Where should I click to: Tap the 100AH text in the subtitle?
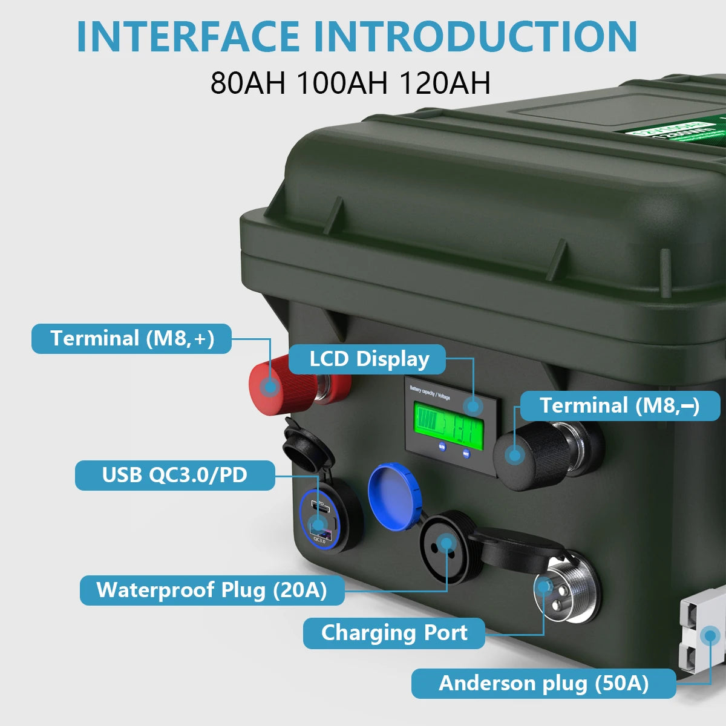pyautogui.click(x=342, y=83)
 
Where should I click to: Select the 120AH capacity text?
pyautogui.click(x=445, y=83)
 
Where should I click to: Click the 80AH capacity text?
pyautogui.click(x=247, y=83)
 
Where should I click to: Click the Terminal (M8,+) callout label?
pyautogui.click(x=131, y=338)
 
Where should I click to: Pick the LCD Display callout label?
pyautogui.click(x=368, y=359)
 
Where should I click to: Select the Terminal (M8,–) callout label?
pyautogui.click(x=620, y=405)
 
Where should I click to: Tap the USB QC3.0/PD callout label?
pyautogui.click(x=174, y=475)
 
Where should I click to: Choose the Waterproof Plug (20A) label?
pyautogui.click(x=212, y=590)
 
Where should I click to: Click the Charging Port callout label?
pyautogui.click(x=394, y=633)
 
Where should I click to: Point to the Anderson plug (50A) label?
pyautogui.click(x=543, y=684)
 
